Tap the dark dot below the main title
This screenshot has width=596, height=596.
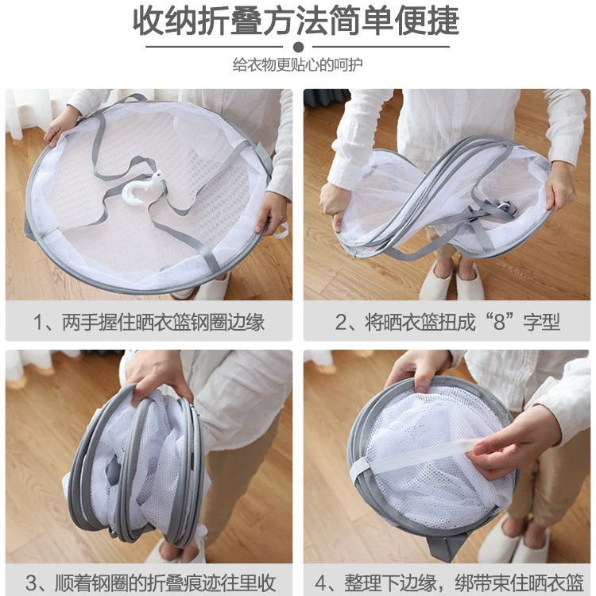click(298, 47)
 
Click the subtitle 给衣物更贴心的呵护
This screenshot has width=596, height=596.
click(298, 64)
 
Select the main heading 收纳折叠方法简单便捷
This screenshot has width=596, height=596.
click(296, 21)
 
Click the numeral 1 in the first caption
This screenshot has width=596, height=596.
click(38, 323)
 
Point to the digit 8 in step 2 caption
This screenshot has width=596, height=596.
click(499, 322)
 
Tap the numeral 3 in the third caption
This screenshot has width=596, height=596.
click(31, 582)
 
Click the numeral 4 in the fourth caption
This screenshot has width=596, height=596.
click(321, 582)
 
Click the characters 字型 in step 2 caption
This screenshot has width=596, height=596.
click(542, 322)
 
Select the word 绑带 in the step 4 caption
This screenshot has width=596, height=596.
click(474, 582)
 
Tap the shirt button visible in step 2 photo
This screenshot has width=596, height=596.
click(457, 131)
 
